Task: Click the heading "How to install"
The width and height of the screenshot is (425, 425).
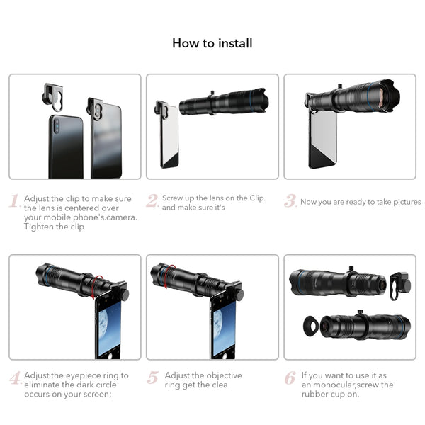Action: [x=212, y=43]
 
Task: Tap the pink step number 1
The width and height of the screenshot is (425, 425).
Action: [x=15, y=202]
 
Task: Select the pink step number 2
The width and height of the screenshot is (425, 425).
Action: [x=152, y=201]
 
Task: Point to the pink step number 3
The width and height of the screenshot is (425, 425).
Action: [x=290, y=201]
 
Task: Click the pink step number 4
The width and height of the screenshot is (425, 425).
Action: [x=15, y=378]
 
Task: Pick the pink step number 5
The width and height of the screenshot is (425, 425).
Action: [x=152, y=378]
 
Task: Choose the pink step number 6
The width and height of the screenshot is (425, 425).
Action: [x=290, y=378]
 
